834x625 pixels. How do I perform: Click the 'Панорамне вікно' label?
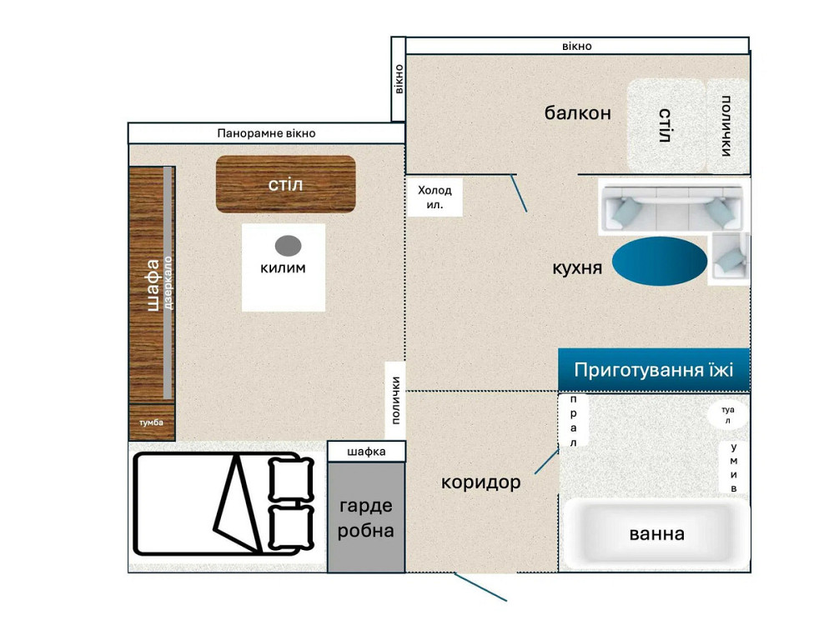click(266, 133)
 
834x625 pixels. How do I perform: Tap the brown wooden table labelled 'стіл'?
click(285, 184)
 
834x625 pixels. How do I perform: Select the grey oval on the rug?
click(289, 246)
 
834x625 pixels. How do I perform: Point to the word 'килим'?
click(283, 267)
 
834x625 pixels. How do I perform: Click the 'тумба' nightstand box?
click(152, 422)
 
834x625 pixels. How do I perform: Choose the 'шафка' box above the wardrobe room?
click(366, 451)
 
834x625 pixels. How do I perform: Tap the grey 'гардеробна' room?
click(366, 517)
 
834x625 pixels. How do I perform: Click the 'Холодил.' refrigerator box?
click(435, 197)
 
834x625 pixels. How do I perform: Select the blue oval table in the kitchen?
click(660, 261)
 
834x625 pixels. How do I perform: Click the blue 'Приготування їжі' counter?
click(654, 369)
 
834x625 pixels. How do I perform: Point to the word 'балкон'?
click(578, 112)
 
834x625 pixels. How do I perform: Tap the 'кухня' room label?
click(577, 267)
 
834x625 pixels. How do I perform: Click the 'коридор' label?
click(481, 482)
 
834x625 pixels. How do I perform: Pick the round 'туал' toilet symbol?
click(727, 414)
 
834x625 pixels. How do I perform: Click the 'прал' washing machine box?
click(574, 420)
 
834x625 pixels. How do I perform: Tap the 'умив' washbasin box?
click(734, 467)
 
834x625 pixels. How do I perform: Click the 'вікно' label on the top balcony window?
click(577, 46)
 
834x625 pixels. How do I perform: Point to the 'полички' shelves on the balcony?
click(726, 126)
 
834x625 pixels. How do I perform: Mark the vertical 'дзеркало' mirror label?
click(168, 282)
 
